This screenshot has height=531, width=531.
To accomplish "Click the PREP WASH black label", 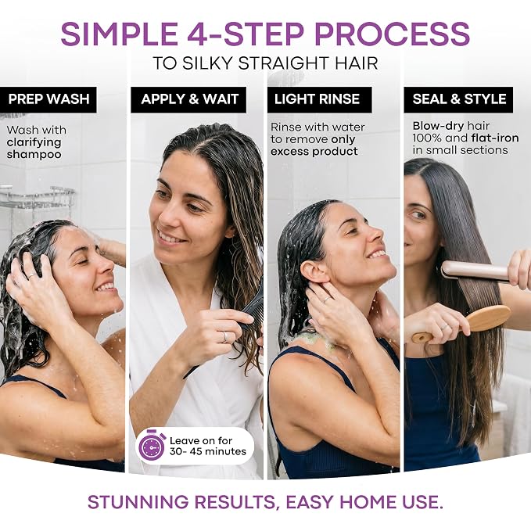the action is click(48, 99).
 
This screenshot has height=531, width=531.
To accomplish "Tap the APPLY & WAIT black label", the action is click(188, 99).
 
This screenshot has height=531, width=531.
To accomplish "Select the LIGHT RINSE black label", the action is click(319, 99).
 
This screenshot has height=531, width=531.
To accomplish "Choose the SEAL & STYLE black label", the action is click(458, 99).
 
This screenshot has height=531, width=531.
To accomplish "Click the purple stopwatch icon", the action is click(152, 445).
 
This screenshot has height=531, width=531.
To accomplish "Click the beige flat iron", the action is click(481, 271).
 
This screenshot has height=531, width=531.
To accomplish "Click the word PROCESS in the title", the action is click(392, 34).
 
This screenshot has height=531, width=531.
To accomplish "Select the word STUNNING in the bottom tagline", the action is click(138, 502).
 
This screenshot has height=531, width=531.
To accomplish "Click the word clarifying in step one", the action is click(34, 142).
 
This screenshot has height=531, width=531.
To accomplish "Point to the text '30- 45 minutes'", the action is click(208, 451).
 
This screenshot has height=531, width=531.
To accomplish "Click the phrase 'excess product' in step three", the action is click(314, 152).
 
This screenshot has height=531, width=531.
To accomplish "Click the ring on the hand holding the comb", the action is click(224, 337).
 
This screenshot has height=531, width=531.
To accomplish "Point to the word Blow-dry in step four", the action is click(438, 127).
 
